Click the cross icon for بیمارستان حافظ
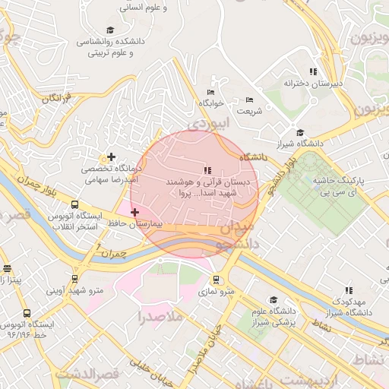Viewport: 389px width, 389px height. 134,213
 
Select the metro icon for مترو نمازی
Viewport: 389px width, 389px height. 217,280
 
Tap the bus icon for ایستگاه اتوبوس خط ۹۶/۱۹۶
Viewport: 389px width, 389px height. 27,313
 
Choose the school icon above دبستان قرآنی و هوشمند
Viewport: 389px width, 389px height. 207,170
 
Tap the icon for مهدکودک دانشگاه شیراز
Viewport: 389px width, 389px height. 349,290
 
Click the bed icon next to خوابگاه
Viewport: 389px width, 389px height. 210,92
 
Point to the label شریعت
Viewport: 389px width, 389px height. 249,111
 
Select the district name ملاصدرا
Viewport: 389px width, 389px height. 162,316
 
